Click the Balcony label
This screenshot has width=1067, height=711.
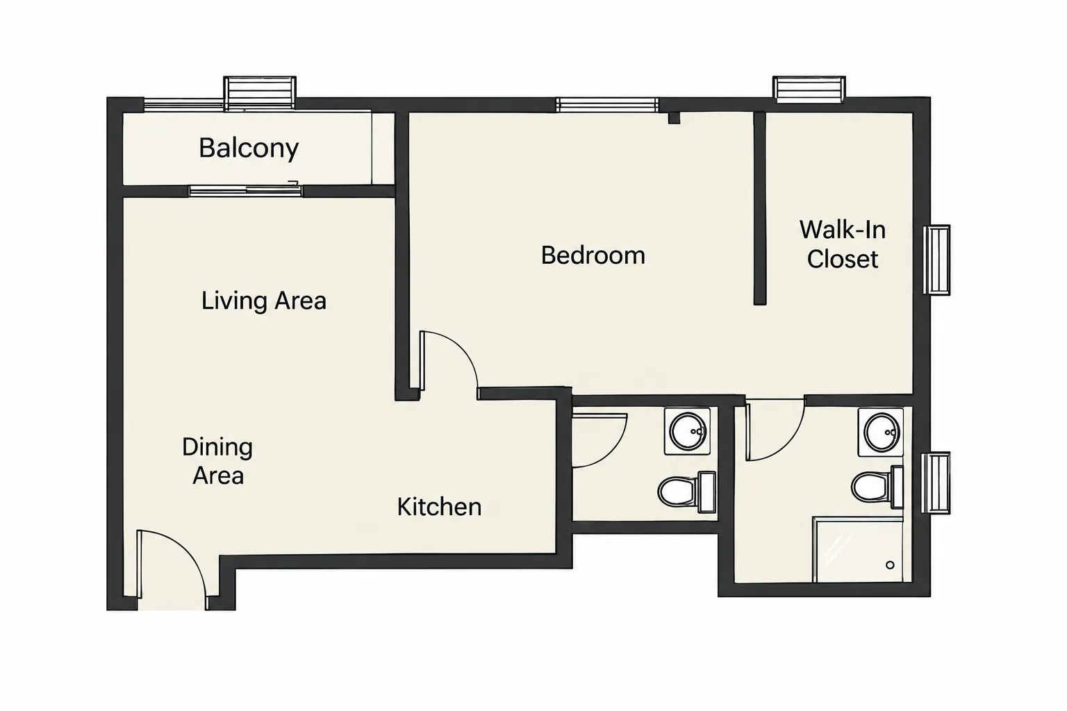249,148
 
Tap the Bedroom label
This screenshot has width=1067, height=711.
593,256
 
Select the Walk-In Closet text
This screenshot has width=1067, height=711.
843,244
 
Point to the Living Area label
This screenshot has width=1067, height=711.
263,301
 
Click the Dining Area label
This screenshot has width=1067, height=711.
217,461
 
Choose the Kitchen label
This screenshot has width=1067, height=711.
439,507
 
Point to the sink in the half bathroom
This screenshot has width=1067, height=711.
687,431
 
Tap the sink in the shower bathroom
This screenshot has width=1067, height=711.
881,432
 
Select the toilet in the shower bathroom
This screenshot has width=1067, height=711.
877,487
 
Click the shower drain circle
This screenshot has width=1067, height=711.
890,564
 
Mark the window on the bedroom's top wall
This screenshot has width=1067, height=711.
607,105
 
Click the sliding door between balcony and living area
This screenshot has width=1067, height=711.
246,191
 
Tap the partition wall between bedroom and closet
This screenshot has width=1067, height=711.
760,208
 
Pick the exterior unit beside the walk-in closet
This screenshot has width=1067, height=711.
936,260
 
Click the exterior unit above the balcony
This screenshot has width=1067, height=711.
260,93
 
